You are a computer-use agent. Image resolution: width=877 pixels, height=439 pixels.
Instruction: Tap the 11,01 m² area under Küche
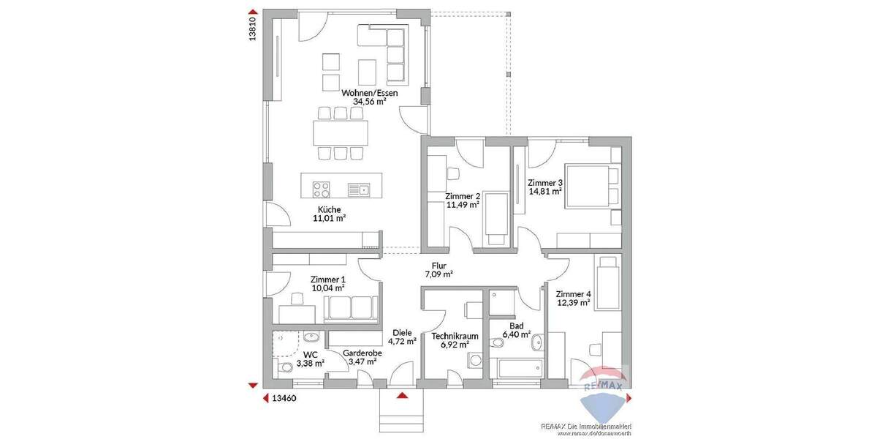(329, 217)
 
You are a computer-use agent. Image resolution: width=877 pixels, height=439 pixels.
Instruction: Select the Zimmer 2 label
(462, 196)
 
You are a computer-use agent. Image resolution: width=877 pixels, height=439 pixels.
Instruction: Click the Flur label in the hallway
(438, 266)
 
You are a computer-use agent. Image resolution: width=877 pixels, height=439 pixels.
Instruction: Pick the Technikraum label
(455, 336)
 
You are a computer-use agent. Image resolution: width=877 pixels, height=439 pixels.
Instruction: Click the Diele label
(402, 331)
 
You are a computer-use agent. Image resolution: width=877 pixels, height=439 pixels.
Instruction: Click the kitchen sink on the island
(360, 190)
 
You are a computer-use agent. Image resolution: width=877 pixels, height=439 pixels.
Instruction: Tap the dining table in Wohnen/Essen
(340, 132)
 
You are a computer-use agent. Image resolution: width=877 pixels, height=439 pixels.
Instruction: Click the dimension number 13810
(253, 29)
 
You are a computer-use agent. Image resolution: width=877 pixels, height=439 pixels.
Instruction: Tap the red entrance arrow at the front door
(401, 396)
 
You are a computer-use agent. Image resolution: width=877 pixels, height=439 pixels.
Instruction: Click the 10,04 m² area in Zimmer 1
(327, 288)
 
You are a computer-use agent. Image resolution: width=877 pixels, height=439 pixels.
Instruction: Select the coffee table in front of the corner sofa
(367, 70)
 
